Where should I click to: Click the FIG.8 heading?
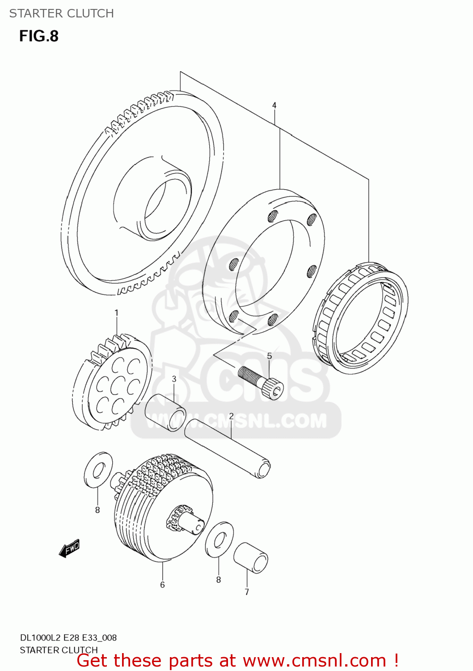coord(39,36)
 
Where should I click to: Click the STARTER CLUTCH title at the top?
coord(62,13)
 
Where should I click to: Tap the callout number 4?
coord(274,106)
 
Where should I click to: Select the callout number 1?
coord(116,313)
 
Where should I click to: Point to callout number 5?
coord(270,356)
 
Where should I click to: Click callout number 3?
coord(174,379)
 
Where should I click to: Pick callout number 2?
coord(231,416)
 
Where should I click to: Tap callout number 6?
coord(162,585)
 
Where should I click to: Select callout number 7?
coord(247,592)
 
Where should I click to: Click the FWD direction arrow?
coord(69,548)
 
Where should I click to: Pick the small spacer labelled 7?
coord(251,557)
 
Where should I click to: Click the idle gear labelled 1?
coord(112,382)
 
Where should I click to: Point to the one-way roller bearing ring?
coord(360,318)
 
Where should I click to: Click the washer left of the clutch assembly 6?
coord(98,469)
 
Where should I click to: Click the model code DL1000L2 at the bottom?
coord(41,637)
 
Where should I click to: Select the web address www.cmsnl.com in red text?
coord(314,661)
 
